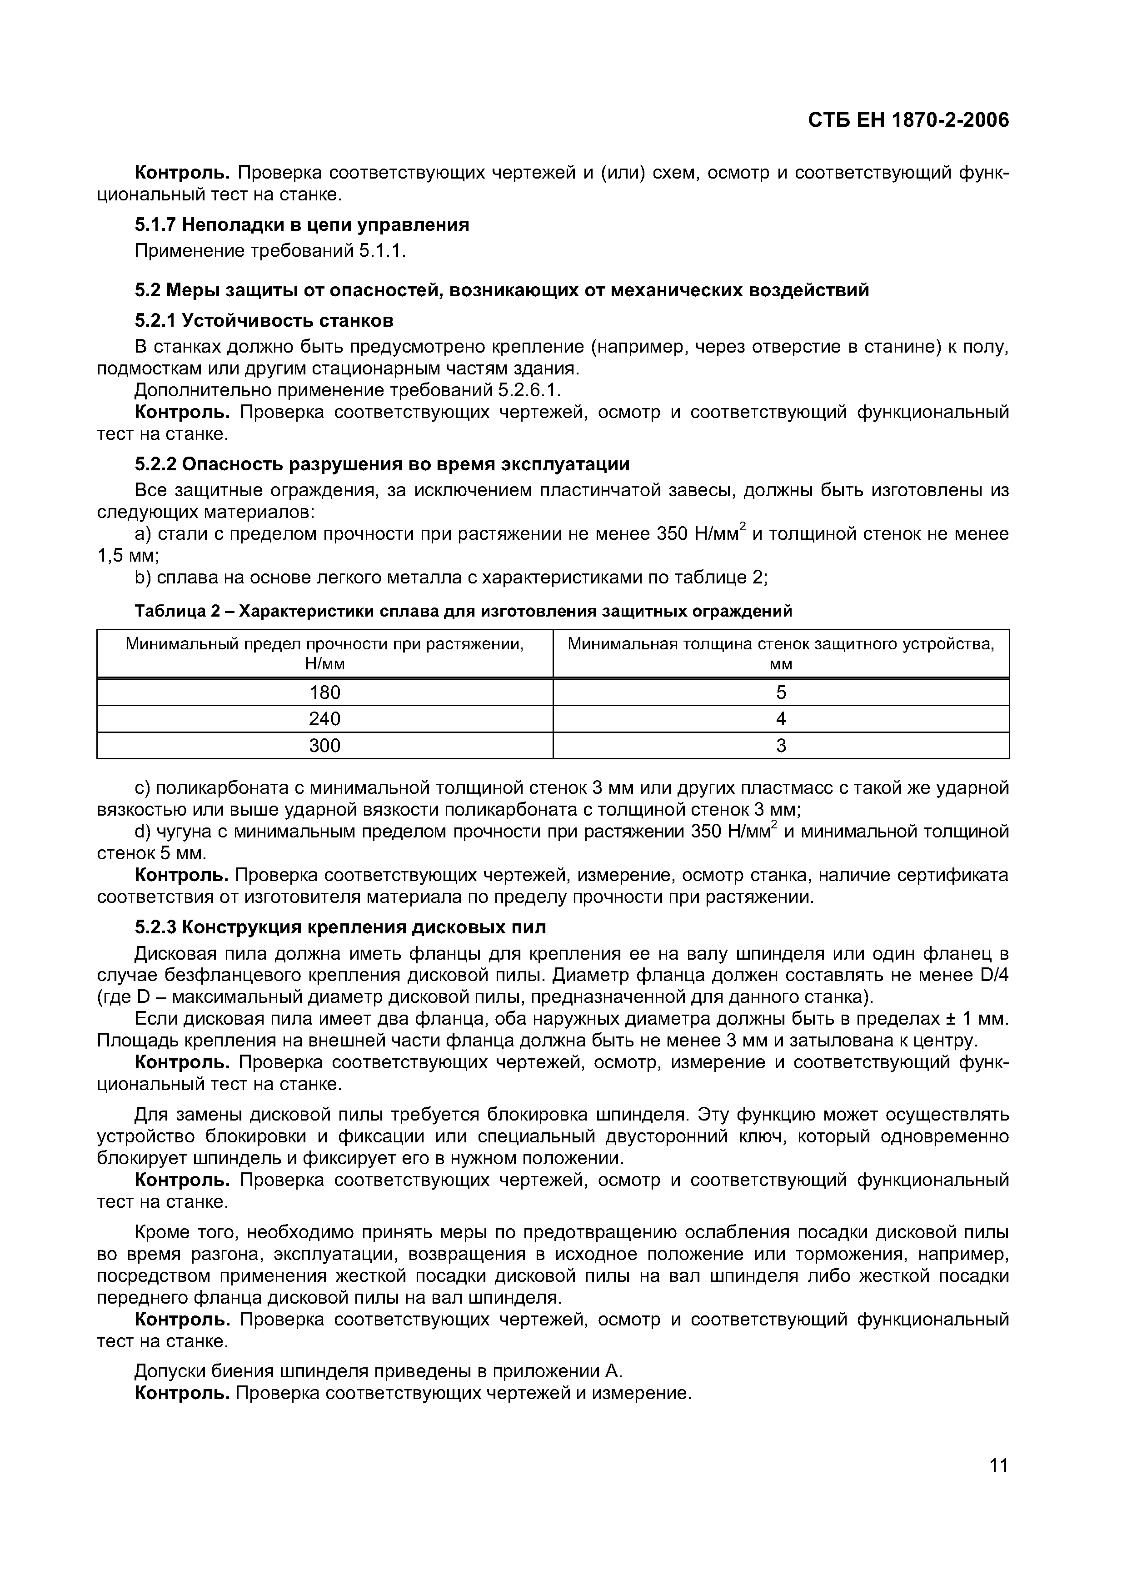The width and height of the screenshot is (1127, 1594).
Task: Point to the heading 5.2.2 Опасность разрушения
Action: click(x=382, y=464)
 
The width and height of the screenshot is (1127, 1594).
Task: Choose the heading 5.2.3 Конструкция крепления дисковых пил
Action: click(x=340, y=927)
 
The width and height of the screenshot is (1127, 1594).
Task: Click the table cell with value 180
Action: click(x=324, y=692)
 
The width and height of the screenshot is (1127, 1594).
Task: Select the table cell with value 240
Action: click(x=324, y=718)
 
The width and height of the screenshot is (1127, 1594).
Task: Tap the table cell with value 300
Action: click(x=324, y=746)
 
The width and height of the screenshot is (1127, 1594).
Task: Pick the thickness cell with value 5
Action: click(x=781, y=692)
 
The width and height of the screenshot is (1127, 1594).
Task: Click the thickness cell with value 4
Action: click(x=781, y=718)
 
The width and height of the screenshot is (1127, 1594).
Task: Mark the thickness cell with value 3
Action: click(x=781, y=746)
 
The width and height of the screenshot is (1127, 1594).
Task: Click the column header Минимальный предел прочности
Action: click(x=324, y=653)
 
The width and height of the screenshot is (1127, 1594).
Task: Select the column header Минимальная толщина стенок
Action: click(x=781, y=653)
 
